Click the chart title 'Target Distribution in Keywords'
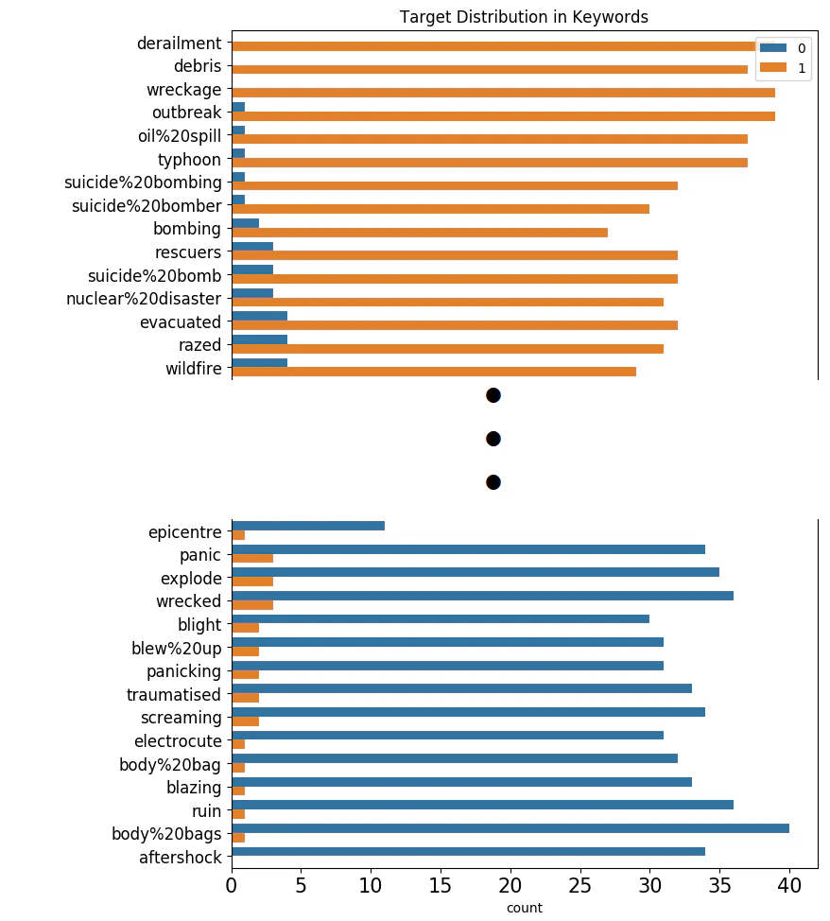[524, 17]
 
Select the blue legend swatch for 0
[772, 48]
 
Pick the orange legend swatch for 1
[772, 67]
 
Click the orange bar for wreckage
[504, 93]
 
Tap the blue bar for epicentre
[308, 526]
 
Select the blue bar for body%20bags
[510, 828]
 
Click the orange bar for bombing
[420, 233]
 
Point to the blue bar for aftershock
[469, 852]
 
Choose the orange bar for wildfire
[434, 372]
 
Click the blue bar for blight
[441, 619]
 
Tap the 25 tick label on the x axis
[579, 886]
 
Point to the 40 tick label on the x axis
[789, 886]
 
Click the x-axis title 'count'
[525, 908]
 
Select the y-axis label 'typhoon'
[189, 160]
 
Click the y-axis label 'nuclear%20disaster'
[144, 299]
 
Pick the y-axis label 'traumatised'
[174, 695]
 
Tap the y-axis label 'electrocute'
[178, 741]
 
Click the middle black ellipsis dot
[493, 439]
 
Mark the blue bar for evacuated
[260, 316]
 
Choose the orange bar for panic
[252, 558]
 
